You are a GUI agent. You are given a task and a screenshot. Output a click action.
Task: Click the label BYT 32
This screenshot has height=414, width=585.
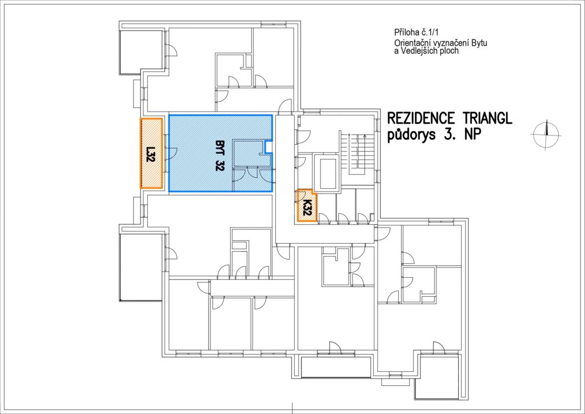(219, 156)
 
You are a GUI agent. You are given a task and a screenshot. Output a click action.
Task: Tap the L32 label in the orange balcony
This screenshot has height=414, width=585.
(150, 154)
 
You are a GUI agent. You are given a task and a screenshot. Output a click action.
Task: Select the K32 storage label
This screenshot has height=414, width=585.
(307, 208)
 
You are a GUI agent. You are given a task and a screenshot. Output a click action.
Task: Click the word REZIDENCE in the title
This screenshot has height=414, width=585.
(421, 118)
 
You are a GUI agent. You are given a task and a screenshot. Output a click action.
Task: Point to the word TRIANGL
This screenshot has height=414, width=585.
(488, 118)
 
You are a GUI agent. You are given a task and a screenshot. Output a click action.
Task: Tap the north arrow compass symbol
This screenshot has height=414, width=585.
(546, 134)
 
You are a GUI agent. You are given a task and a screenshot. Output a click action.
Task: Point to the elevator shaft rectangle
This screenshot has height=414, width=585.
(327, 173)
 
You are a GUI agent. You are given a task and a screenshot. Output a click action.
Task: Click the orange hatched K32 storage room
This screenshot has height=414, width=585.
(306, 206)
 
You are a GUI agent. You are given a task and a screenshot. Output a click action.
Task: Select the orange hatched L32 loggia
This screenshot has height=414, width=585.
(151, 153)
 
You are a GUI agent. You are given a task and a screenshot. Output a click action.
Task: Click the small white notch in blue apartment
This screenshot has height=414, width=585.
(269, 147)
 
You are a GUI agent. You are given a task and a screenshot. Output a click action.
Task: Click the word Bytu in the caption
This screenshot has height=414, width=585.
(479, 43)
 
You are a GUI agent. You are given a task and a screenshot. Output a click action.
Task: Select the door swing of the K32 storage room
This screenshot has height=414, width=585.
(301, 195)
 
